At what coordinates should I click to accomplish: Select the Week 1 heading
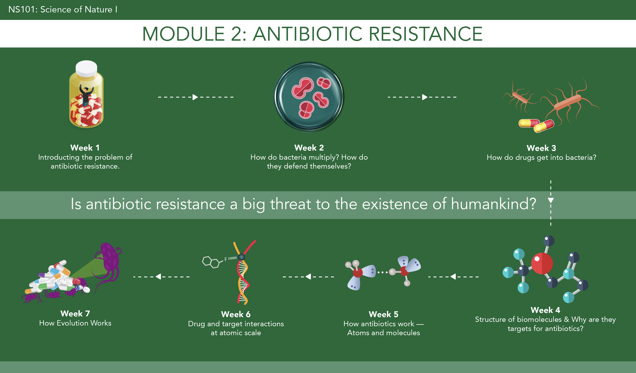pyautogui.click(x=85, y=148)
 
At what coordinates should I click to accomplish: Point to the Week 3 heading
pyautogui.click(x=541, y=148)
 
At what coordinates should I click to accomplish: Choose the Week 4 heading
pyautogui.click(x=545, y=310)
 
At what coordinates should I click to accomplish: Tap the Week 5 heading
pyautogui.click(x=383, y=314)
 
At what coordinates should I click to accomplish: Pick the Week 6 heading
pyautogui.click(x=236, y=314)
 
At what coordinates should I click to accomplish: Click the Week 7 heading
pyautogui.click(x=75, y=313)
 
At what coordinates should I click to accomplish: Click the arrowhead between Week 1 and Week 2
pyautogui.click(x=195, y=97)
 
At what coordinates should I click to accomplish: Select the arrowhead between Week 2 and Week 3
pyautogui.click(x=425, y=97)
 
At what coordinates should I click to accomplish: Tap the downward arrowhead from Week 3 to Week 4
pyautogui.click(x=551, y=200)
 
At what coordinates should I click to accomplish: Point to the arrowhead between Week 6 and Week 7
pyautogui.click(x=158, y=277)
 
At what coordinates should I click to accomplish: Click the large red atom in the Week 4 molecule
pyautogui.click(x=542, y=263)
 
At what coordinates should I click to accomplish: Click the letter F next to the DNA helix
pyautogui.click(x=226, y=259)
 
